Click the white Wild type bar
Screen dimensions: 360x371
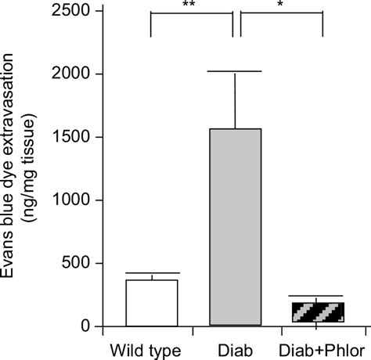pyautogui.click(x=152, y=303)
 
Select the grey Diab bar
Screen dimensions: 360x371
pyautogui.click(x=235, y=227)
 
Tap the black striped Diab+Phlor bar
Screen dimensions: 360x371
pyautogui.click(x=318, y=313)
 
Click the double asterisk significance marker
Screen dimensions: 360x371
pyautogui.click(x=190, y=5)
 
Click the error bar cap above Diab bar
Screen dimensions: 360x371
pyautogui.click(x=235, y=72)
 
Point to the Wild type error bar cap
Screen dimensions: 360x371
pyautogui.click(x=152, y=273)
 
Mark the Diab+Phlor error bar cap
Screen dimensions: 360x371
pyautogui.click(x=318, y=296)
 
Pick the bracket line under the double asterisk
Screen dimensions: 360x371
pyautogui.click(x=191, y=13)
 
